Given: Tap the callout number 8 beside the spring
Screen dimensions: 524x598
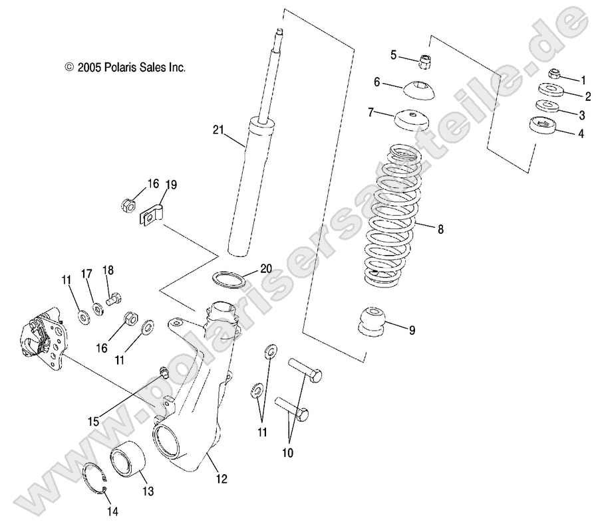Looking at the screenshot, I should pos(440,230).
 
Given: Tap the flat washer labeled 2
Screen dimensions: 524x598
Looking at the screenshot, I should pos(549,90).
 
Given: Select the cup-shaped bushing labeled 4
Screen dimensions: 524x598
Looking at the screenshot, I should pos(543,126).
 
